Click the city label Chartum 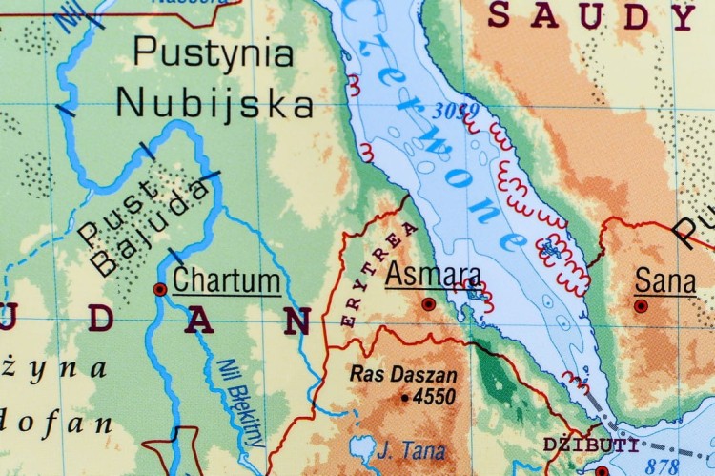click(227, 280)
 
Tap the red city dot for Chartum click(160, 288)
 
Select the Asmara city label click(433, 275)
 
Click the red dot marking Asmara click(429, 303)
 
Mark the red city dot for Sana click(642, 306)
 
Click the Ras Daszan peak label click(403, 376)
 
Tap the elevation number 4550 click(434, 397)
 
